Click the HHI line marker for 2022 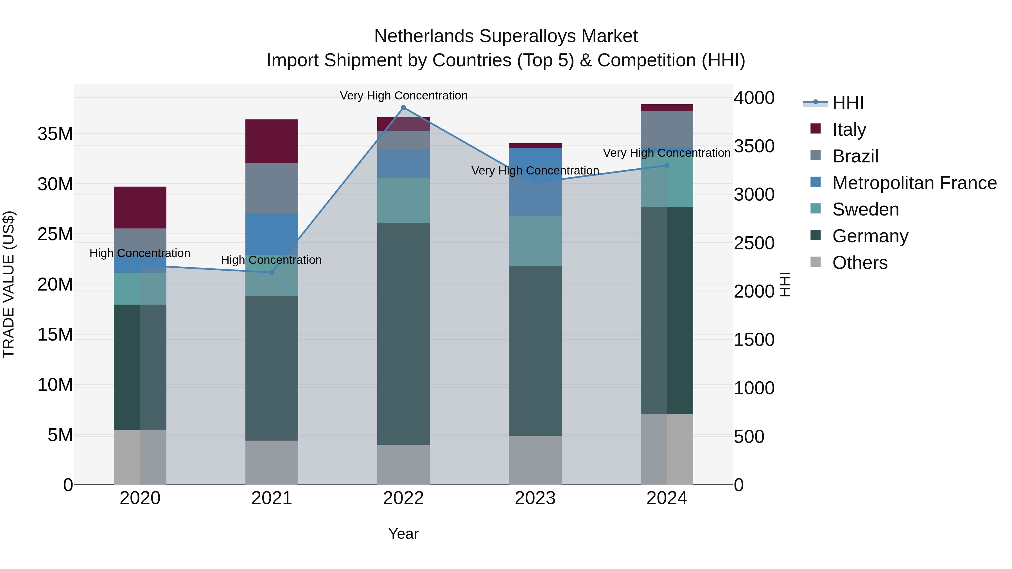tap(403, 108)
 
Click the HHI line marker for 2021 tap(272, 272)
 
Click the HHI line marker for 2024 tap(667, 165)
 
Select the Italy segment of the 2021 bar tap(272, 141)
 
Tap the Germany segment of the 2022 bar tap(403, 334)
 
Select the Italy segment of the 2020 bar tap(140, 207)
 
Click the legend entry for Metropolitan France tap(914, 183)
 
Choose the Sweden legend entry tap(866, 209)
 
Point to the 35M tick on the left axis tap(55, 134)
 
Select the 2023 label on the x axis tap(535, 498)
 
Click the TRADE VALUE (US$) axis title tap(9, 284)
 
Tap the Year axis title tap(403, 534)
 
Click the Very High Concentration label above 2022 tap(403, 96)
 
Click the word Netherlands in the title tap(424, 36)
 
